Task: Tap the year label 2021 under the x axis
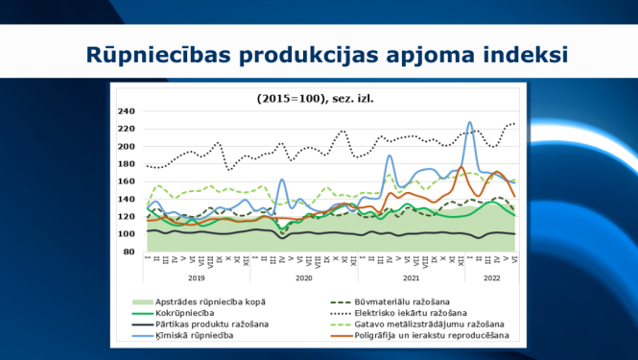tap(411, 277)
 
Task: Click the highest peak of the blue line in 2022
tap(469, 123)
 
